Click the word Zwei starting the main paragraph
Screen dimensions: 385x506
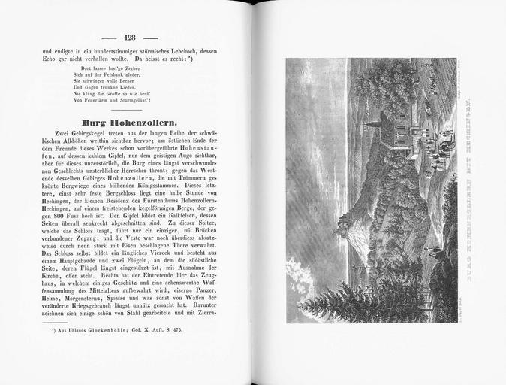coord(55,134)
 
